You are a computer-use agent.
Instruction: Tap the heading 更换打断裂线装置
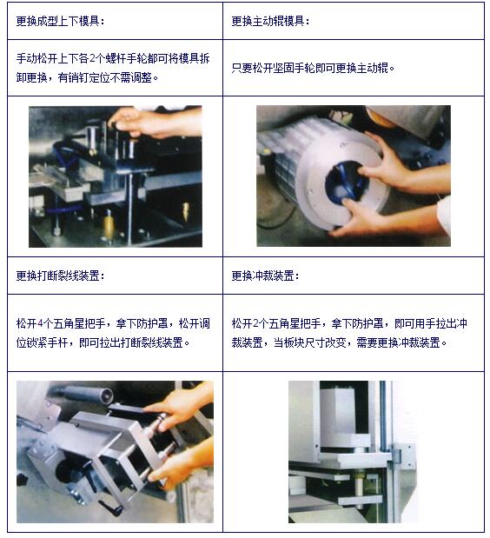tap(59, 276)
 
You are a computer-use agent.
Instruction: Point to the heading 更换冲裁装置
tap(265, 276)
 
